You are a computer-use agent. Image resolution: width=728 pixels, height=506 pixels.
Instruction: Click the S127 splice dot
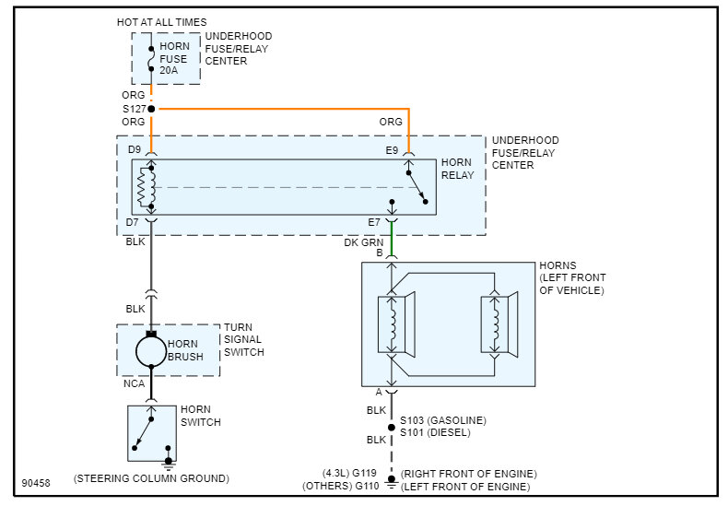(151, 109)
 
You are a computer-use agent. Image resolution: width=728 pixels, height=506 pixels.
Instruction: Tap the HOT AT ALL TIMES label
(161, 21)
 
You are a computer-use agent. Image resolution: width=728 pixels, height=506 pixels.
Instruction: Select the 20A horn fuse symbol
(151, 59)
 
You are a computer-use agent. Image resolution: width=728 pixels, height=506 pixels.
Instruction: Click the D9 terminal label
(135, 149)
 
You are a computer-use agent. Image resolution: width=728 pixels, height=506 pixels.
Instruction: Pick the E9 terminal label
(392, 149)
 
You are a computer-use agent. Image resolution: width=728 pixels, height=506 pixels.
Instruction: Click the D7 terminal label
(135, 223)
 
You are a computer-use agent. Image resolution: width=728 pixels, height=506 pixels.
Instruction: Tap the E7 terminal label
(373, 223)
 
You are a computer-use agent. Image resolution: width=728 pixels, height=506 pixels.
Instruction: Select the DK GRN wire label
(363, 241)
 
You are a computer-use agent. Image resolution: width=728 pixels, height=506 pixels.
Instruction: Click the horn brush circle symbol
(151, 351)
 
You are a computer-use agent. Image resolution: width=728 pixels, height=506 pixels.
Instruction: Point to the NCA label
(134, 382)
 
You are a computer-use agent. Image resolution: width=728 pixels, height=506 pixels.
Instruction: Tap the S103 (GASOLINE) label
(442, 420)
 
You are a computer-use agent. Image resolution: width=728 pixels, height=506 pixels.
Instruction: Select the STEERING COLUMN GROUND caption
(151, 478)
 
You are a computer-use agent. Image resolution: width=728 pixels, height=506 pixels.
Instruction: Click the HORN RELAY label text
(457, 169)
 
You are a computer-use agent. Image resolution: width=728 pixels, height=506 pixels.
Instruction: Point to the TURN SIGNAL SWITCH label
(244, 339)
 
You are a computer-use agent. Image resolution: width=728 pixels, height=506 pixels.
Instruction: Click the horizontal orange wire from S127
(276, 109)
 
